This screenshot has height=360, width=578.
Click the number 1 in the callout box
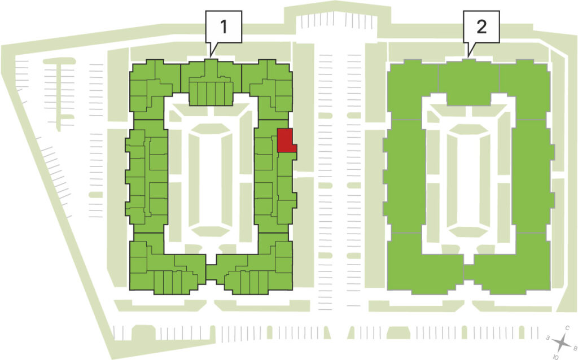(x=224, y=27)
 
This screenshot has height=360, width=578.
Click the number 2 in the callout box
(x=481, y=27)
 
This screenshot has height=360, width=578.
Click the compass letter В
(x=575, y=348)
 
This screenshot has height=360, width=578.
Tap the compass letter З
(x=549, y=337)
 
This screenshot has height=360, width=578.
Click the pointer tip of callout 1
(x=211, y=56)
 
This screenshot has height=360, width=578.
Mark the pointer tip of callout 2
(x=468, y=56)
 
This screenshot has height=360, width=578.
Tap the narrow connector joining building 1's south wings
(x=211, y=273)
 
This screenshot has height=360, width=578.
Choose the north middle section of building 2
(x=468, y=81)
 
